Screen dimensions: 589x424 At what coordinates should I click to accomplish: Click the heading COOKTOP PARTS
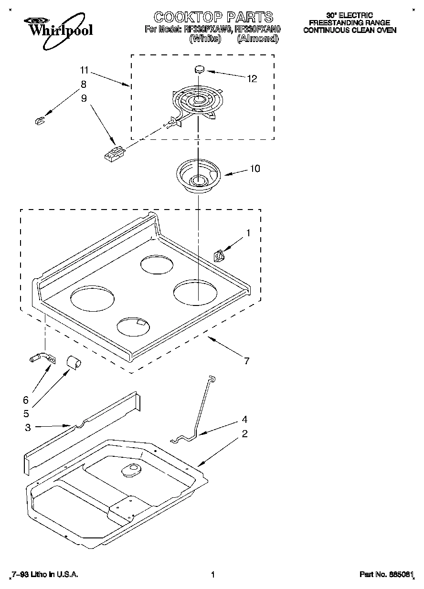pyautogui.click(x=213, y=18)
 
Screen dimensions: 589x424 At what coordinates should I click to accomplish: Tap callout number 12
pyautogui.click(x=252, y=79)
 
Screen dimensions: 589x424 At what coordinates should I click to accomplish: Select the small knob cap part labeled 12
pyautogui.click(x=199, y=69)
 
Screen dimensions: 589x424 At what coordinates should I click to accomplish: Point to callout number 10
pyautogui.click(x=255, y=168)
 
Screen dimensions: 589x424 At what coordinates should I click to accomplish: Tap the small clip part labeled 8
pyautogui.click(x=40, y=121)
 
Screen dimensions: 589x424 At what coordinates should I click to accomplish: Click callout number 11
pyautogui.click(x=84, y=71)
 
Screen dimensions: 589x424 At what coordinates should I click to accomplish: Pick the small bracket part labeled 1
pyautogui.click(x=219, y=256)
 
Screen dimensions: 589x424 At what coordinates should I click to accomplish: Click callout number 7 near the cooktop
pyautogui.click(x=246, y=361)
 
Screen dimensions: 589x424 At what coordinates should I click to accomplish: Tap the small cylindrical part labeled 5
pyautogui.click(x=74, y=362)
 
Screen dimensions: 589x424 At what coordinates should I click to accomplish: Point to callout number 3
pyautogui.click(x=28, y=428)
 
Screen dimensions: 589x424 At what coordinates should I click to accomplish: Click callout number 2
pyautogui.click(x=244, y=433)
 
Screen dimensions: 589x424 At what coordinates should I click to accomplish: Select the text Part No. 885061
pyautogui.click(x=384, y=575)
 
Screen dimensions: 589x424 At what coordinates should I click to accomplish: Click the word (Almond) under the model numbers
pyautogui.click(x=257, y=39)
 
